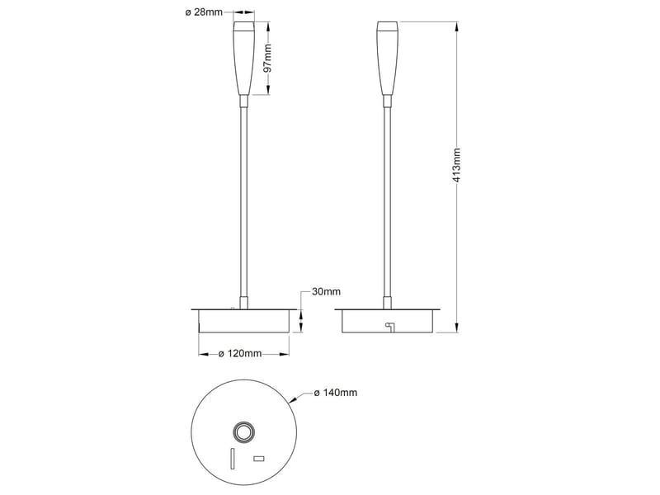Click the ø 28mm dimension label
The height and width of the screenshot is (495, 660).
click(204, 12)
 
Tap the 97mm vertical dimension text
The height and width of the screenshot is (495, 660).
click(266, 58)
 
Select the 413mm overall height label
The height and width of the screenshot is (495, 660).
click(456, 165)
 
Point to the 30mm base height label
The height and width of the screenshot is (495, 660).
click(326, 291)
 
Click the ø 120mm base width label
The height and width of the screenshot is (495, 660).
click(240, 354)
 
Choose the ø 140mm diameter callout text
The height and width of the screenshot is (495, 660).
click(336, 393)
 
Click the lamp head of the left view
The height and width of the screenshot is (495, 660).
click(243, 58)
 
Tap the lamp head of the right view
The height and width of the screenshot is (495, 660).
click(388, 58)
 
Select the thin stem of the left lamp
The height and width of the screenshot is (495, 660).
click(243, 202)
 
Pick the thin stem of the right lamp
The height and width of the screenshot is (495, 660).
click(388, 202)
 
